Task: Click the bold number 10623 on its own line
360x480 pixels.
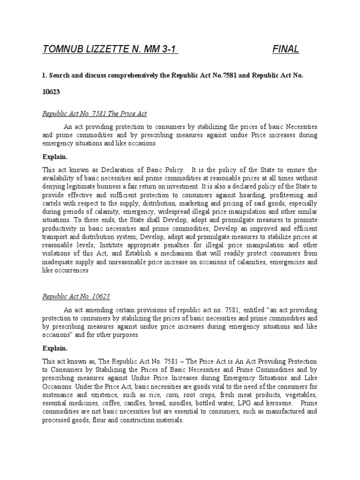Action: point(52,92)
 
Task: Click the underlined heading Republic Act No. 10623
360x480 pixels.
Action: point(76,297)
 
